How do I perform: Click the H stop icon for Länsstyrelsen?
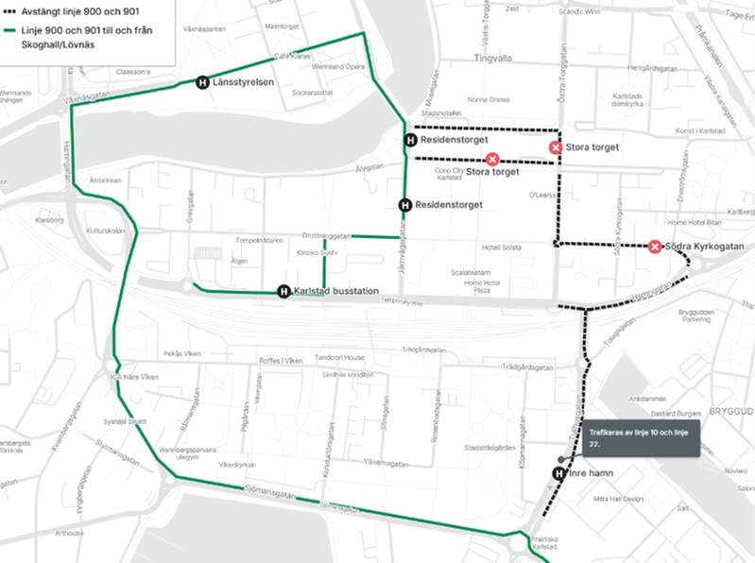(202, 83)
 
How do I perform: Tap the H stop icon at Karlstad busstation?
(283, 291)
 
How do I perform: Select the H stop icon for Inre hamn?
(558, 473)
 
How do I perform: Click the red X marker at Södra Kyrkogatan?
(655, 247)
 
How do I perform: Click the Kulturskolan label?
(105, 230)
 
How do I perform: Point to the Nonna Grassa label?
(488, 99)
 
